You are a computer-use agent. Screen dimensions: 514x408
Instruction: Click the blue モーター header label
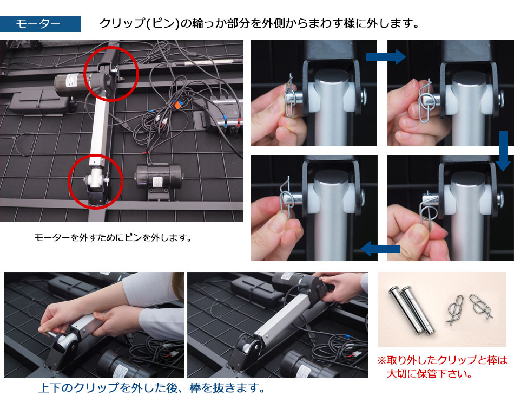(x=41, y=24)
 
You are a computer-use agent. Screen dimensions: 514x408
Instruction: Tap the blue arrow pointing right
(x=386, y=57)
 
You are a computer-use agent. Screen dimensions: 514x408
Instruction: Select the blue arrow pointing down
(x=503, y=151)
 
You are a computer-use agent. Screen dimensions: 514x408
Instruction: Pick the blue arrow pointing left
(x=380, y=249)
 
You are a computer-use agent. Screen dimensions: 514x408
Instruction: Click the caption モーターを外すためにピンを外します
(x=113, y=237)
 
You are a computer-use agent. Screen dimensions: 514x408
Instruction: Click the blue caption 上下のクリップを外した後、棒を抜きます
(x=151, y=388)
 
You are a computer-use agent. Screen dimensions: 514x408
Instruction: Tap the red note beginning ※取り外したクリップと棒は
(x=442, y=367)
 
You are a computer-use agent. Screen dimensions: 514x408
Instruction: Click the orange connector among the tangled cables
(x=176, y=105)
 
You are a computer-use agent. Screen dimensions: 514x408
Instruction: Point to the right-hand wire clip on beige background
(x=480, y=307)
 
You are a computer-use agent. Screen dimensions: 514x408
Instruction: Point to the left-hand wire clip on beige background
(x=456, y=309)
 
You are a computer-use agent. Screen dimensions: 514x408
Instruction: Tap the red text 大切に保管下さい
(x=429, y=373)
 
